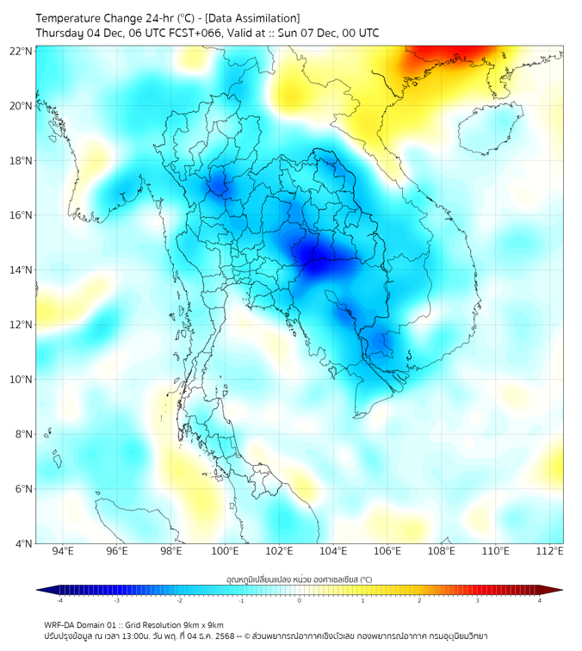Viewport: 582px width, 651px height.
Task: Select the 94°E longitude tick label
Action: click(63, 552)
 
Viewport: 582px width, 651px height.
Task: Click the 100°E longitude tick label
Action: click(226, 552)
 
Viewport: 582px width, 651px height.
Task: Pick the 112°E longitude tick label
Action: click(551, 552)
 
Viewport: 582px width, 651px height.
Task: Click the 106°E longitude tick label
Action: click(388, 552)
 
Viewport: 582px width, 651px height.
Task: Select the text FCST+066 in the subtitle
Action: click(188, 33)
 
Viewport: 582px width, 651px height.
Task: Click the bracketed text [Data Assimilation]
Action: click(256, 18)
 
